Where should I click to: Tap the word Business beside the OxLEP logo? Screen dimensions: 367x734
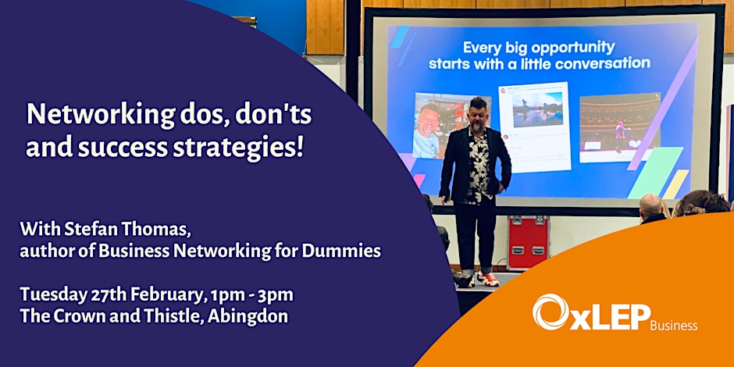tap(674, 325)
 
